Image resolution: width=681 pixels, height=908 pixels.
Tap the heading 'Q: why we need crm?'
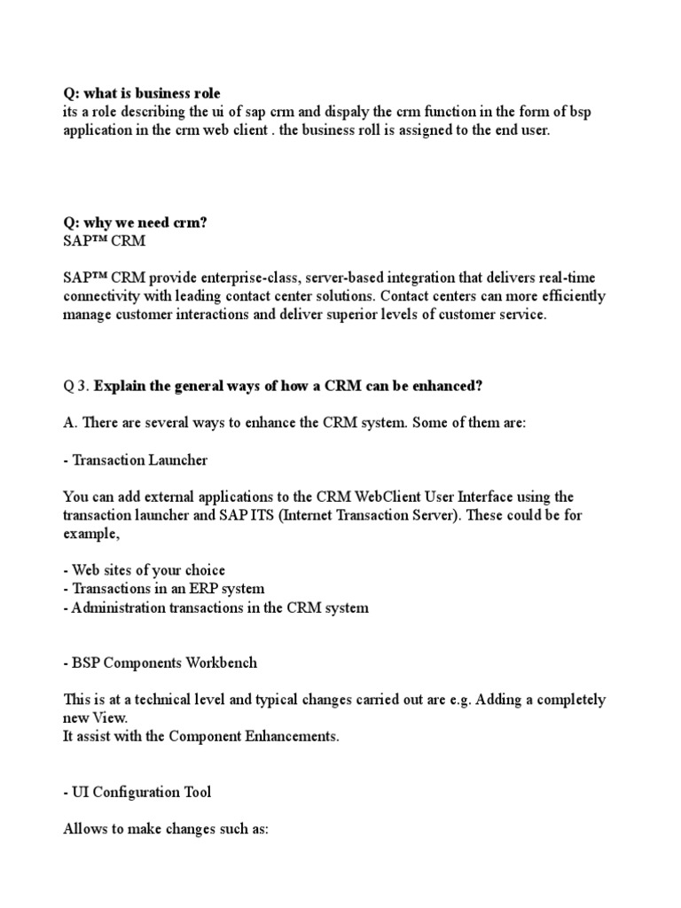pos(135,223)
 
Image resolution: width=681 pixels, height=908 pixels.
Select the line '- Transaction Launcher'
pos(136,460)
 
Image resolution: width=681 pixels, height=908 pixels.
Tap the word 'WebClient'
pos(388,497)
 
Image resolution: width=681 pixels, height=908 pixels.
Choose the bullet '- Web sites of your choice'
pos(145,570)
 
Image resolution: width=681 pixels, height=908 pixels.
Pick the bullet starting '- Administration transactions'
pos(215,607)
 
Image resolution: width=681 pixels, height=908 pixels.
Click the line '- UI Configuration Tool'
pos(137,792)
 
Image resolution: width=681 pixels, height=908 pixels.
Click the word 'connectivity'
pos(103,296)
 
